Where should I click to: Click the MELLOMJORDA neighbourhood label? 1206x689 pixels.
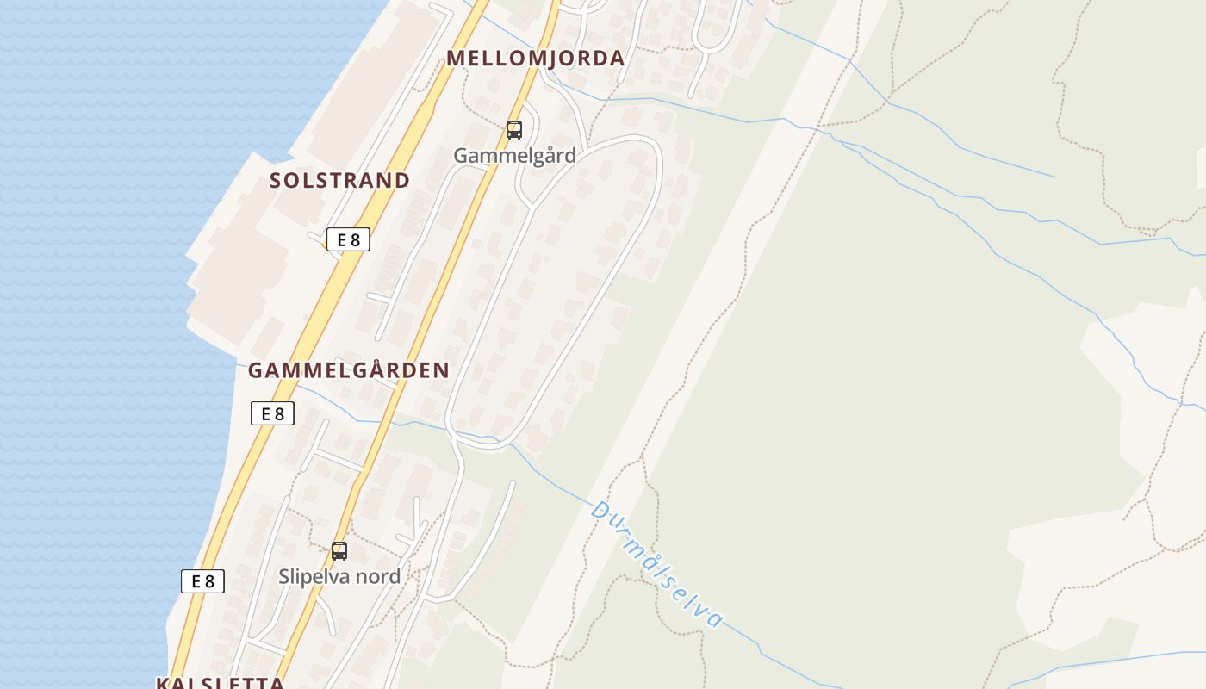click(535, 59)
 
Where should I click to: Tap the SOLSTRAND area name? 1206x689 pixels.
click(339, 181)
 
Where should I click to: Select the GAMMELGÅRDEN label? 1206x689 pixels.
click(348, 370)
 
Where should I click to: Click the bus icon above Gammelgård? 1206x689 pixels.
click(514, 130)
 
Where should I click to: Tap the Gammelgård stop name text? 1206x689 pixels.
click(514, 156)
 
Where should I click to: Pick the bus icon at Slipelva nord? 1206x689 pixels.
click(339, 550)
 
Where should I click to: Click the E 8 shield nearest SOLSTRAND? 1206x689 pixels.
click(348, 240)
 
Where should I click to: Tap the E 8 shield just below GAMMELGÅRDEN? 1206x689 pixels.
click(272, 414)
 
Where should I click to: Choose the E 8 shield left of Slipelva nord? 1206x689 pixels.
click(202, 581)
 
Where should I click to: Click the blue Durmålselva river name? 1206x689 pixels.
click(656, 564)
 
